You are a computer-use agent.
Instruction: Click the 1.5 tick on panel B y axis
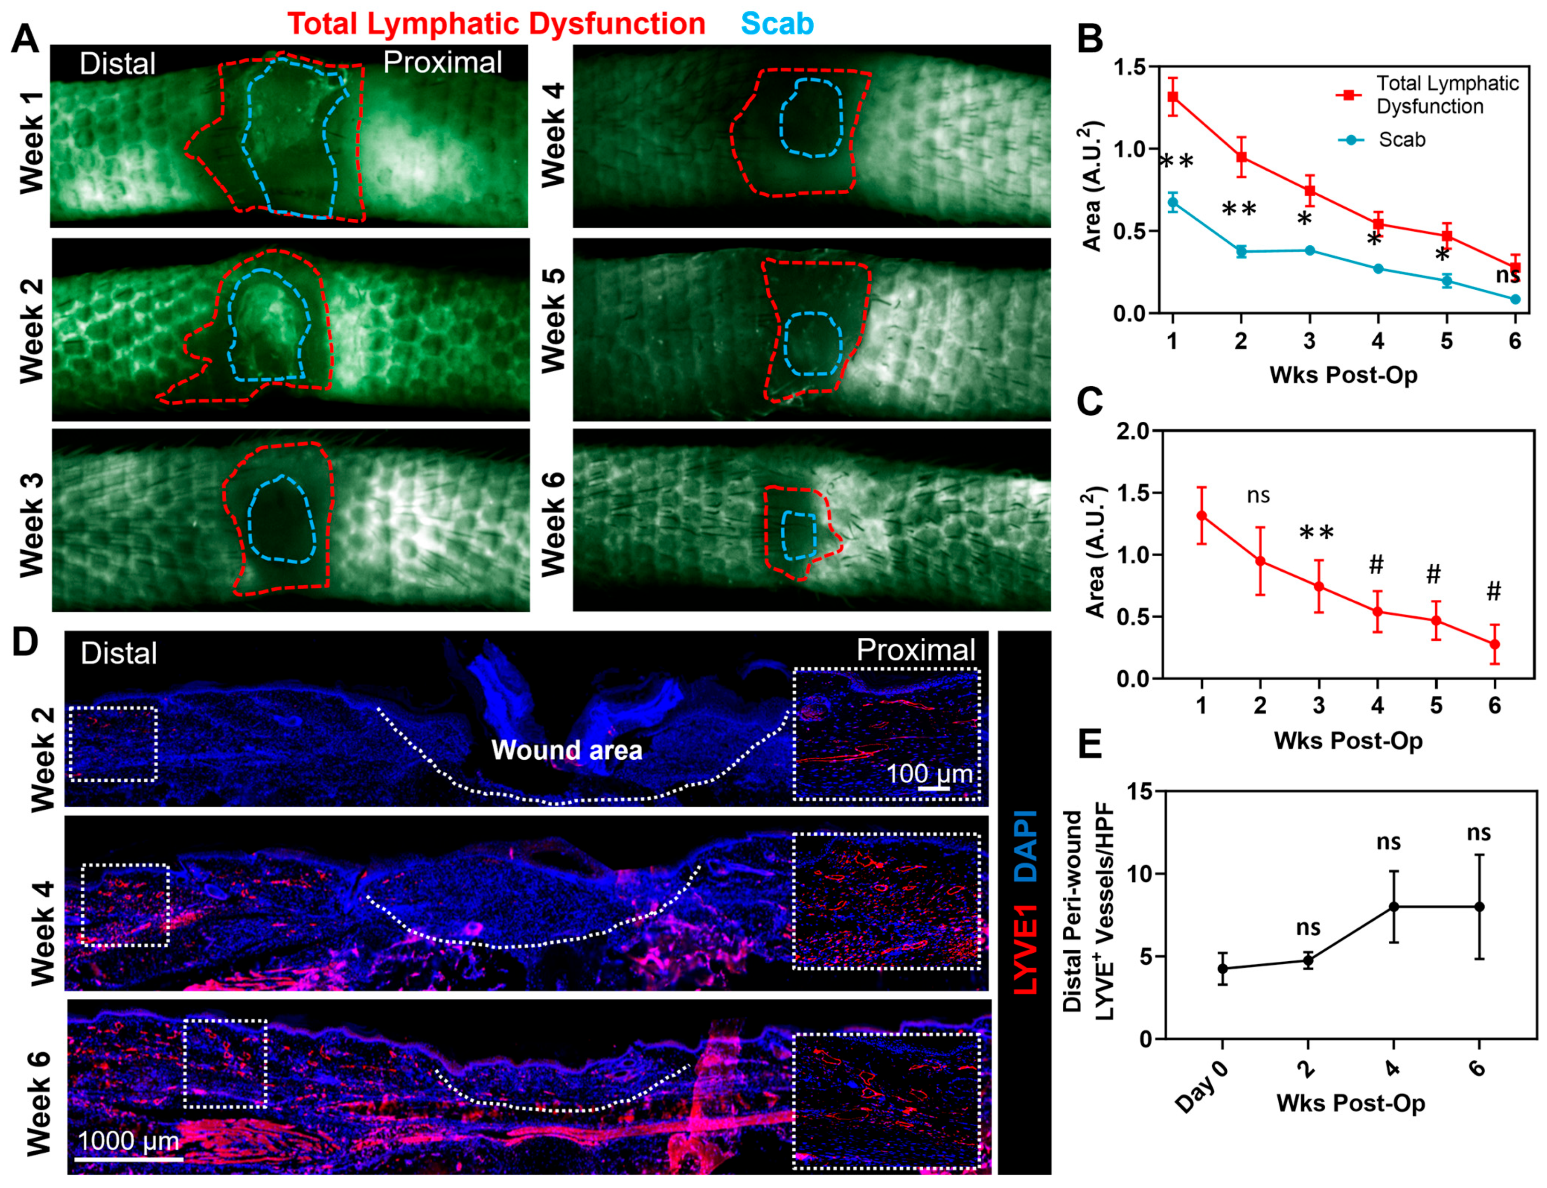click(x=1131, y=67)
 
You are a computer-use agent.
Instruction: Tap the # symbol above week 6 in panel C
click(x=1494, y=591)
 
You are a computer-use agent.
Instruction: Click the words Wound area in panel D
click(x=567, y=749)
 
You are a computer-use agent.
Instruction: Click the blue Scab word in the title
click(x=777, y=23)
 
